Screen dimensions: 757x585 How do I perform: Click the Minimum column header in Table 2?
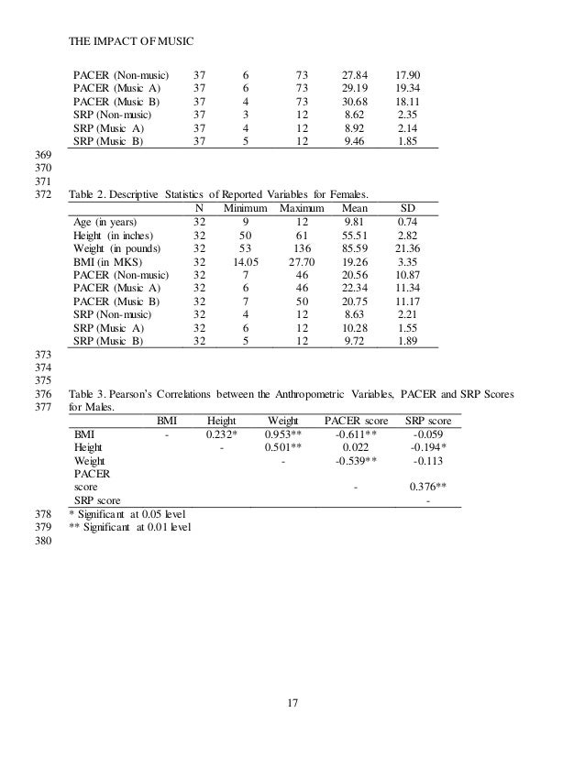[246, 207]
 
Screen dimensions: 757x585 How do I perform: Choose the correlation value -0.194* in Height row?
[426, 447]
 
